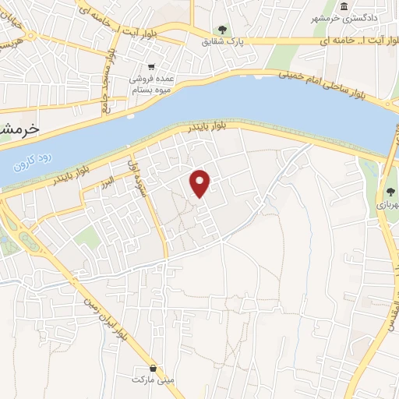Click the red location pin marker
coord(201,182)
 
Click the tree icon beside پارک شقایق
coord(223,30)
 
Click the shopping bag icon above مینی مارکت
coord(154,367)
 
